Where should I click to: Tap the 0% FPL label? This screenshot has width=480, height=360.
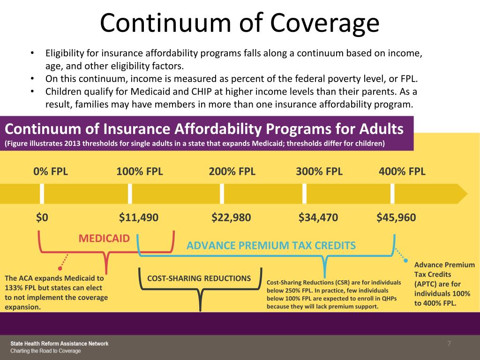click(x=51, y=171)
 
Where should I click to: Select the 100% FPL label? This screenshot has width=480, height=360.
click(x=140, y=171)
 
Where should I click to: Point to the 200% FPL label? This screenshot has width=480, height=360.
click(x=232, y=171)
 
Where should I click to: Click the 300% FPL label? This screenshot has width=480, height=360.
click(x=319, y=171)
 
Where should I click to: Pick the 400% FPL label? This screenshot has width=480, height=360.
click(x=402, y=171)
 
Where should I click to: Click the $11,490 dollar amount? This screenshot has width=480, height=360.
click(x=139, y=217)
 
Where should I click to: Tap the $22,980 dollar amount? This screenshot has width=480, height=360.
click(x=231, y=217)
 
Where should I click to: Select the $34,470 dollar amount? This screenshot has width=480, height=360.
click(x=318, y=217)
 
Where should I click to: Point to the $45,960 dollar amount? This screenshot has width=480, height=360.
click(x=396, y=217)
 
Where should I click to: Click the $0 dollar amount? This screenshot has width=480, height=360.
click(x=42, y=217)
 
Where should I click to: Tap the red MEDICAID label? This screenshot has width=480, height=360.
click(x=104, y=238)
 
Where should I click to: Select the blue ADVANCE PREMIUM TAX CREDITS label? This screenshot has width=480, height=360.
click(x=271, y=245)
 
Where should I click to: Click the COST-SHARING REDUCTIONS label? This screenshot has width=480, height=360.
click(x=199, y=278)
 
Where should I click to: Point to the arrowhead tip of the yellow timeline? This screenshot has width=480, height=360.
click(x=467, y=194)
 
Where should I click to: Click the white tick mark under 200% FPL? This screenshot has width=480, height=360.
click(x=222, y=194)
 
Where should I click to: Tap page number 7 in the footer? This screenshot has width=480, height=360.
click(x=449, y=344)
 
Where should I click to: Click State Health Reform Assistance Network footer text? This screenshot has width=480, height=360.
click(x=60, y=344)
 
